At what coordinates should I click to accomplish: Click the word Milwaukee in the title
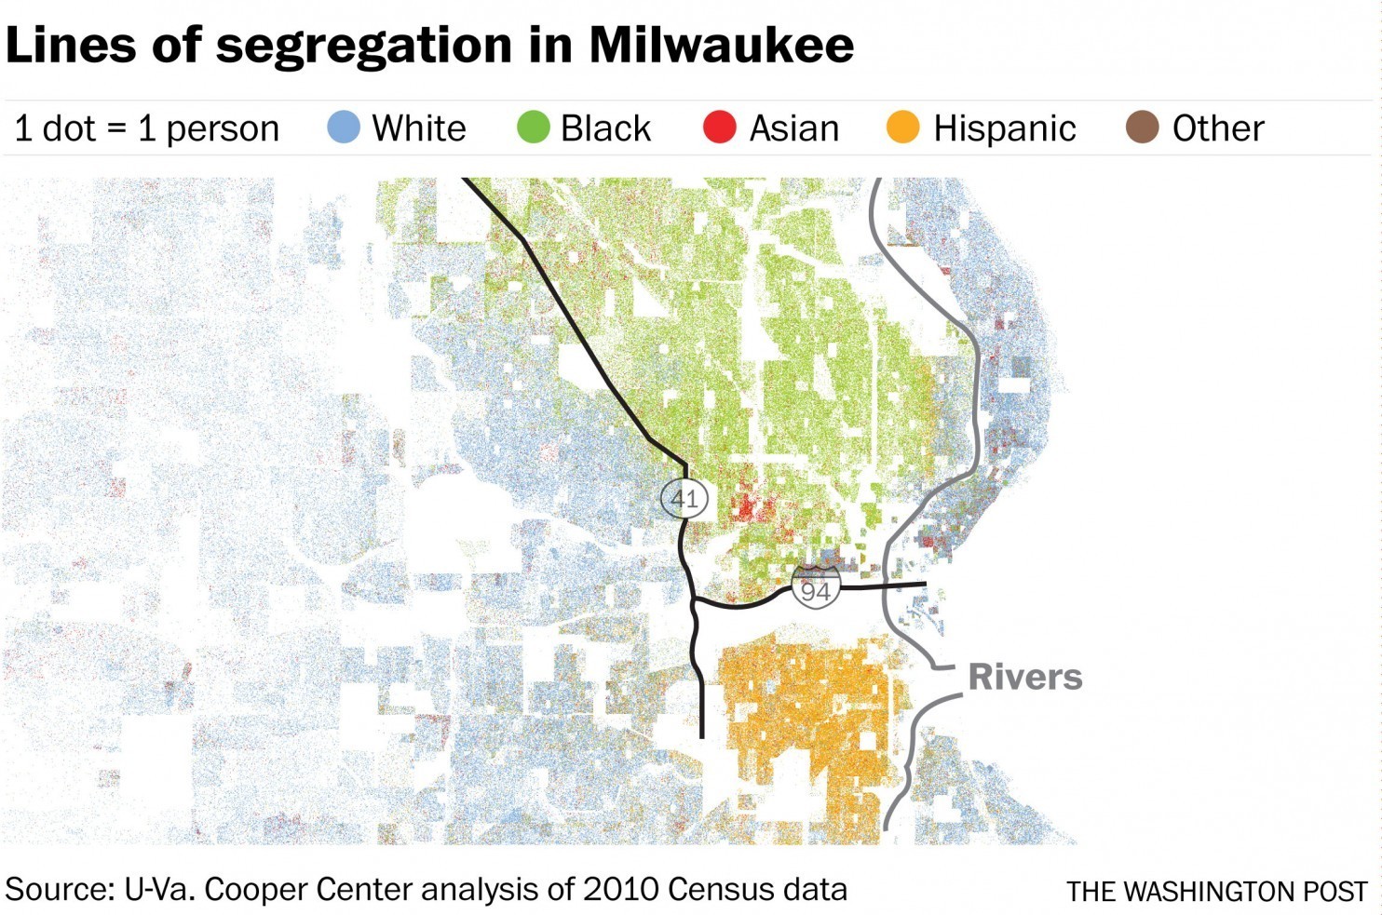click(721, 45)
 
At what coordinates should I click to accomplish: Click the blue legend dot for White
click(344, 128)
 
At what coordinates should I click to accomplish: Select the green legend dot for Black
click(534, 128)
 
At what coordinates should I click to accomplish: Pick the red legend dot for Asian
click(720, 128)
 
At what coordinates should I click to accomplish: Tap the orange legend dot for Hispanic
click(903, 128)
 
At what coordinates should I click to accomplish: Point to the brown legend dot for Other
click(1143, 128)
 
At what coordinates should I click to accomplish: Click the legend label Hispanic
click(1005, 128)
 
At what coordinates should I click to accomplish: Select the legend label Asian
click(794, 128)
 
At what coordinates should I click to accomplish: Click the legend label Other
click(1218, 128)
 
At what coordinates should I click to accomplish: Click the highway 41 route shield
click(684, 498)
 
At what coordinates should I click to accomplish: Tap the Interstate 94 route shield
click(816, 589)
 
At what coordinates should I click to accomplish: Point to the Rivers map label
click(1025, 677)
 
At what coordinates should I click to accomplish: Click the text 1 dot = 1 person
click(147, 128)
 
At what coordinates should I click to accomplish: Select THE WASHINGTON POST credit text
click(1217, 892)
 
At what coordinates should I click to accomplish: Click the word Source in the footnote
click(57, 889)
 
